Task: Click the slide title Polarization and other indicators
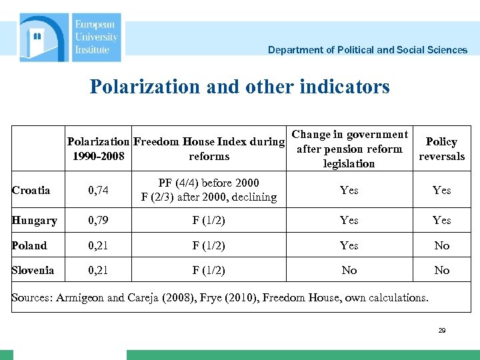[239, 87]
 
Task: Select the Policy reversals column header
[441, 149]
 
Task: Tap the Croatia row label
[31, 190]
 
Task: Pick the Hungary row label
[35, 220]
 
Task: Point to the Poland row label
[29, 245]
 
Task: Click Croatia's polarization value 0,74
[98, 190]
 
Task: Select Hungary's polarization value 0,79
[98, 220]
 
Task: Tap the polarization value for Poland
[98, 245]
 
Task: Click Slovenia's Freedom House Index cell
[209, 270]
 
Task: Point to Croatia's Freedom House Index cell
[209, 190]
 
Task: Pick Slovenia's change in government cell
[349, 270]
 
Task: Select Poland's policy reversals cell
[441, 245]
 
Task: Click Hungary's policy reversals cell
[441, 220]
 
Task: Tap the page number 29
[442, 331]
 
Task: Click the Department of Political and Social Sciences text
[367, 50]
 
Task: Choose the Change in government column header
[349, 149]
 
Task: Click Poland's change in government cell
[349, 245]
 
